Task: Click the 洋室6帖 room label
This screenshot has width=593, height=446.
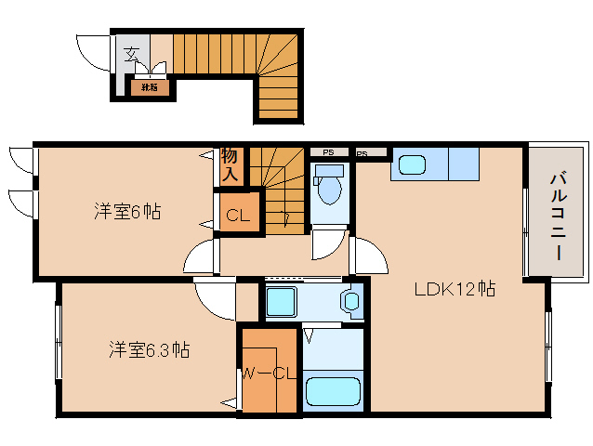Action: pyautogui.click(x=126, y=212)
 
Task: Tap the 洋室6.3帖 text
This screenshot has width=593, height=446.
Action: pyautogui.click(x=149, y=350)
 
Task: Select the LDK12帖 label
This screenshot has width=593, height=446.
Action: pyautogui.click(x=454, y=290)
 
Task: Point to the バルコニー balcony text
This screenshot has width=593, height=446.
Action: pyautogui.click(x=558, y=214)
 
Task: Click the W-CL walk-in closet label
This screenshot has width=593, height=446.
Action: pyautogui.click(x=269, y=374)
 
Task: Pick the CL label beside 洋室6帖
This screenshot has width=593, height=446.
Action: pyautogui.click(x=238, y=216)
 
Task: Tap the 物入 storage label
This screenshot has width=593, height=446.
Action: pyautogui.click(x=230, y=164)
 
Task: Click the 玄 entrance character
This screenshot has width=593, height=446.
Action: pyautogui.click(x=132, y=52)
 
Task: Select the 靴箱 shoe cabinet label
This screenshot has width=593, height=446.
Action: pyautogui.click(x=149, y=88)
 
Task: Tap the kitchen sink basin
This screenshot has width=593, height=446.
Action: pyautogui.click(x=412, y=165)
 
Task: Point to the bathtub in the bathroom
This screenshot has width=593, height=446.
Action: pyautogui.click(x=333, y=391)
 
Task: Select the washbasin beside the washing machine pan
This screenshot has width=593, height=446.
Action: pyautogui.click(x=350, y=301)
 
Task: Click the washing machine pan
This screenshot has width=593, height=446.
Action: pyautogui.click(x=280, y=302)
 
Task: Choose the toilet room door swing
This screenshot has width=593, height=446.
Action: pyautogui.click(x=328, y=246)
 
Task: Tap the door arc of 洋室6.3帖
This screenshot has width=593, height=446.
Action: pyautogui.click(x=214, y=299)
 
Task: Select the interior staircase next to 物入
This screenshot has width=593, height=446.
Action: pyautogui.click(x=276, y=186)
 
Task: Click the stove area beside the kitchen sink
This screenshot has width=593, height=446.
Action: pyautogui.click(x=462, y=164)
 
